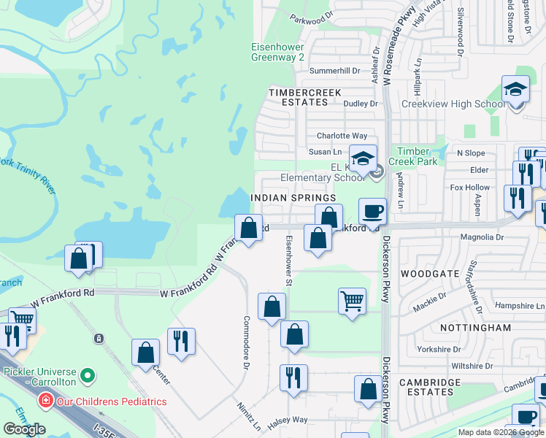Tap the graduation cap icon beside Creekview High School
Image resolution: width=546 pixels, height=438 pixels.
click(516, 91)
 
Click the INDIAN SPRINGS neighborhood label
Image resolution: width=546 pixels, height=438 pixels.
click(293, 198)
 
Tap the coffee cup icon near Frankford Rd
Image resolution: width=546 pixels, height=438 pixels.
click(372, 212)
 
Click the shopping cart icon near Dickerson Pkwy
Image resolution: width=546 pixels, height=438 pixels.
click(353, 300)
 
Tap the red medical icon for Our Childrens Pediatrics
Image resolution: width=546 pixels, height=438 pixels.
click(46, 401)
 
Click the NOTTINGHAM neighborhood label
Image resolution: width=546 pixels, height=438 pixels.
click(476, 328)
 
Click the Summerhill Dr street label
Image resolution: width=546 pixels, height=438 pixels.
click(335, 71)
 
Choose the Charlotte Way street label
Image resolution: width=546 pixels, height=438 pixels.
click(342, 136)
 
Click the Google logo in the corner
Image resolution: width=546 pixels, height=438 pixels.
click(24, 429)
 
